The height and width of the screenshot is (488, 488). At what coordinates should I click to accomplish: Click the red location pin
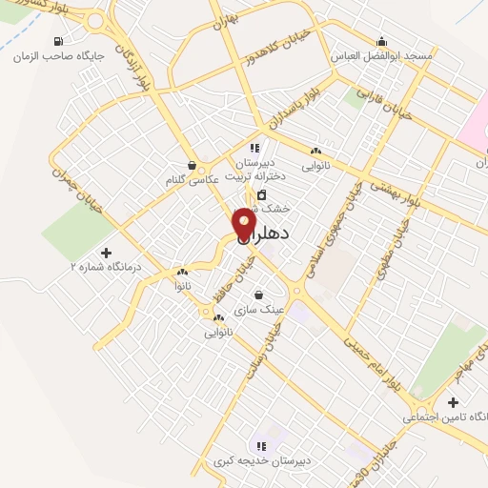point(244,223)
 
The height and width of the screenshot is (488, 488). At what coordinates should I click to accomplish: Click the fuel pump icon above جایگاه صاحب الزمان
point(59,41)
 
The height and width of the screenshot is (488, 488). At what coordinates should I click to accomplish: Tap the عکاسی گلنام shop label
point(193,178)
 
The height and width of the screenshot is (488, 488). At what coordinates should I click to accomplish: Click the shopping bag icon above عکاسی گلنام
point(193,164)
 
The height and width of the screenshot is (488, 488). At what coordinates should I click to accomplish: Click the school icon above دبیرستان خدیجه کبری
point(259,446)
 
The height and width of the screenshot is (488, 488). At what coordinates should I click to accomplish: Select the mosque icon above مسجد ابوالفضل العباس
point(382,41)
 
